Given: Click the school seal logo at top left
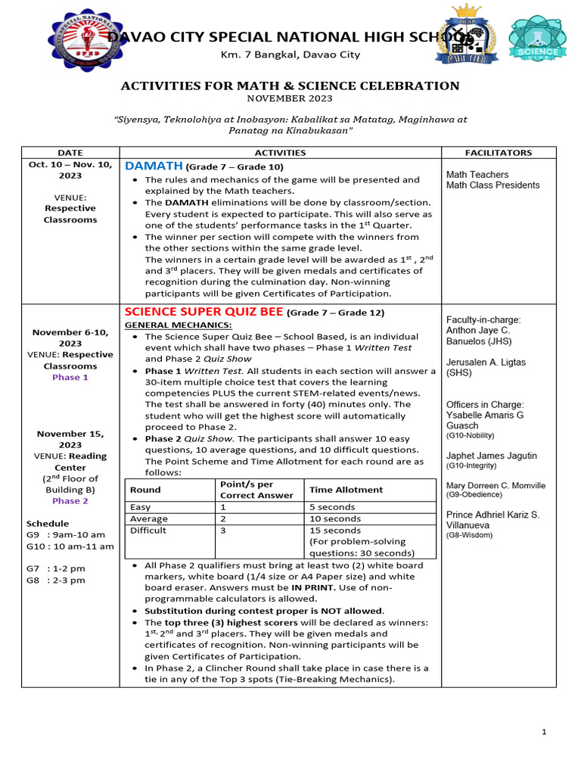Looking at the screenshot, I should [85, 41].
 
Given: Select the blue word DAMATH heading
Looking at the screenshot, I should [154, 166].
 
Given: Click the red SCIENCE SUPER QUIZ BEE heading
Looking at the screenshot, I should [204, 312].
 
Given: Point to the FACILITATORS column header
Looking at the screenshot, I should [498, 152].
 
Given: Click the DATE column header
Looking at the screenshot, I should [70, 152].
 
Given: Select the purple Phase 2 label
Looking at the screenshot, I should [70, 501].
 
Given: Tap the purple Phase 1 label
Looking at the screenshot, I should [70, 377].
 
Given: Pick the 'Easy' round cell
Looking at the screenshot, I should [141, 507].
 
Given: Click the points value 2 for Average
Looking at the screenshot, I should [223, 518].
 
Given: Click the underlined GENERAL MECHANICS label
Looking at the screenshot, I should [167, 325].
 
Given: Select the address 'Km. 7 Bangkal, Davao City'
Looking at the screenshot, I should [290, 54].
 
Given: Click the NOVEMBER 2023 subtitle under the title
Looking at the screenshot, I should [290, 98].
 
